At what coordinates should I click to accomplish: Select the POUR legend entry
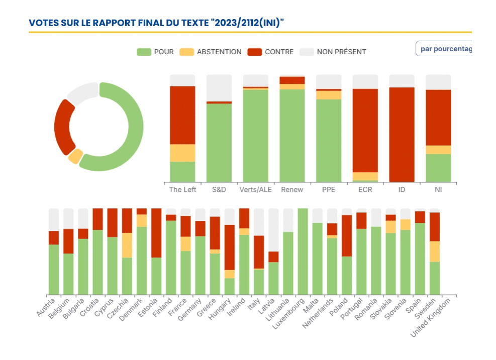pyautogui.click(x=155, y=52)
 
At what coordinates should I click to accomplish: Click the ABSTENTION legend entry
pyautogui.click(x=211, y=52)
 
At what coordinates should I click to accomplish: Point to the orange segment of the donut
pyautogui.click(x=75, y=156)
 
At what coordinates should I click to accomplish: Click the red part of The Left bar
pyautogui.click(x=182, y=115)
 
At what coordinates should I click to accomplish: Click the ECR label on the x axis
pyautogui.click(x=365, y=190)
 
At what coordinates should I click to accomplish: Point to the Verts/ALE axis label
pyautogui.click(x=255, y=190)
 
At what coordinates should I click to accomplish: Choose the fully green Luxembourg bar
pyautogui.click(x=303, y=251)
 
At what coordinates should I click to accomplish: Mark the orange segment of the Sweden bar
pyautogui.click(x=435, y=251)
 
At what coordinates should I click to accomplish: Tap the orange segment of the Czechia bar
pyautogui.click(x=127, y=245)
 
